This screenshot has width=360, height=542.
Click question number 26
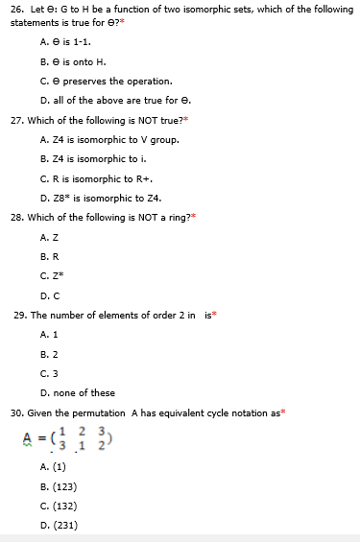[x=15, y=9]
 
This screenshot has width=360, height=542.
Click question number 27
[x=16, y=122]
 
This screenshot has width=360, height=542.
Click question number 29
[x=19, y=315]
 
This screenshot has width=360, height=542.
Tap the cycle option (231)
[x=65, y=525]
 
